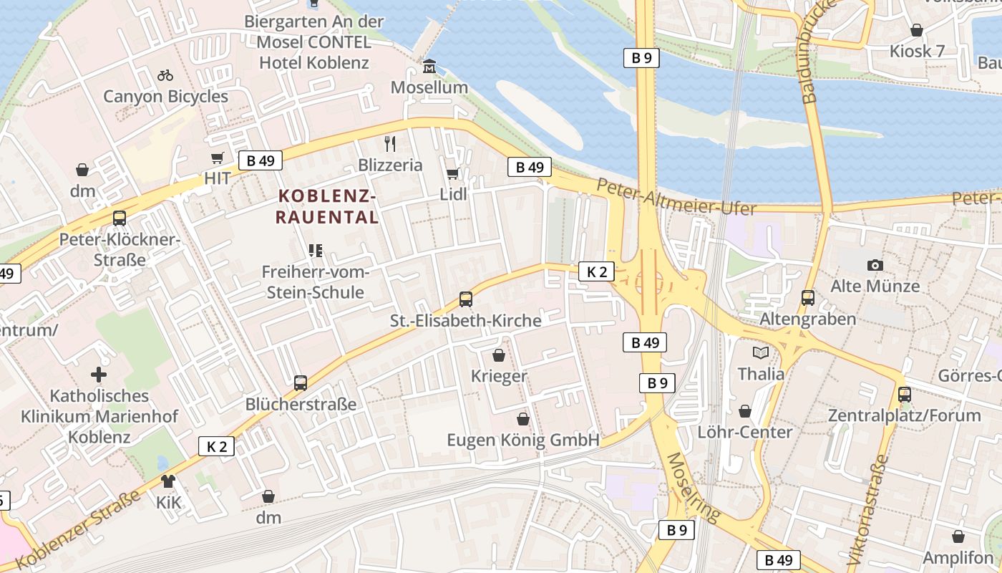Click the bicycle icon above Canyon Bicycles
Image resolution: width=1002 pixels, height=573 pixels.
tap(165, 75)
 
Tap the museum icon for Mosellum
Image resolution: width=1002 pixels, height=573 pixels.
tap(429, 67)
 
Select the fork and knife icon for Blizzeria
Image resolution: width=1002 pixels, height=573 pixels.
tap(390, 144)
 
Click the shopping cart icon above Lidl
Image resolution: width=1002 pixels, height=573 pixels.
tap(452, 173)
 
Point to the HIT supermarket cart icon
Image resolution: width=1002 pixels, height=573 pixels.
tap(218, 158)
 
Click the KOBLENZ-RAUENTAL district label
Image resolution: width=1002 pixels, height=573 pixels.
tap(328, 206)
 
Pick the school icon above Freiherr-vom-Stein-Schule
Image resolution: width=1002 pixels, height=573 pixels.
tap(315, 250)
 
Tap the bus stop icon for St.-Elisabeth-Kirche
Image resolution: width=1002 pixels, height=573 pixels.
tap(466, 299)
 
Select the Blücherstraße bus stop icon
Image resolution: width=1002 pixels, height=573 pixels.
tap(301, 383)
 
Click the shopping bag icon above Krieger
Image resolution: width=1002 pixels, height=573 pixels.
tap(499, 355)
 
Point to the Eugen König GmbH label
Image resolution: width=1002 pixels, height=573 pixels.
tap(522, 440)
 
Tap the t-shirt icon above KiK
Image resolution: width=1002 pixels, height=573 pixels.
tap(168, 481)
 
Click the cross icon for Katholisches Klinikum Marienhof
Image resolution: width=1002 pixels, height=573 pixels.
tap(99, 375)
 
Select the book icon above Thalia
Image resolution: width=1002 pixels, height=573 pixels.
tap(760, 352)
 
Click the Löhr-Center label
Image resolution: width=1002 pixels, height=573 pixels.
tap(745, 432)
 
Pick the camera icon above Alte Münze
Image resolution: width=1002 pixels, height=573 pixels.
tap(875, 265)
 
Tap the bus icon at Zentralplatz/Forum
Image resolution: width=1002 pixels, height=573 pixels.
tap(905, 394)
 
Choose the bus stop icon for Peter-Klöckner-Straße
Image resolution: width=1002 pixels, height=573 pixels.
tap(120, 218)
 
